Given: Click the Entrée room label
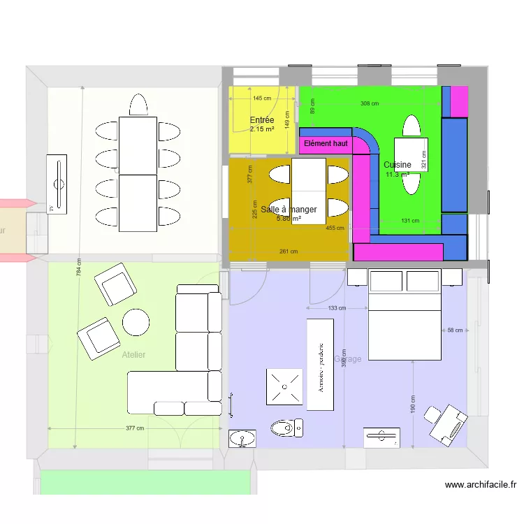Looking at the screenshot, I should pyautogui.click(x=262, y=120).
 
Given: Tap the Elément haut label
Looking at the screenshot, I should pyautogui.click(x=326, y=144).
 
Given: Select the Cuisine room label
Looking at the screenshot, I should pyautogui.click(x=398, y=165).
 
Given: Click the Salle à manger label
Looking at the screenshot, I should pyautogui.click(x=289, y=209).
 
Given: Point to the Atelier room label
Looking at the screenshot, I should pyautogui.click(x=133, y=355).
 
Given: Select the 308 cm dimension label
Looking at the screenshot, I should pyautogui.click(x=370, y=103).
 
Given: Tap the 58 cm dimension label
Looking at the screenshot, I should pyautogui.click(x=455, y=330).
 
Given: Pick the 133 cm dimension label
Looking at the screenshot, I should pyautogui.click(x=337, y=308).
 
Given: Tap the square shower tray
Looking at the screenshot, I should pyautogui.click(x=284, y=386).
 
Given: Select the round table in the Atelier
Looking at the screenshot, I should pyautogui.click(x=136, y=322).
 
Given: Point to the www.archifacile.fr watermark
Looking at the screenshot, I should pyautogui.click(x=480, y=484).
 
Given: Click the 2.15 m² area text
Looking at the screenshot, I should pyautogui.click(x=262, y=129).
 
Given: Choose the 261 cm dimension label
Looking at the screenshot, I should pyautogui.click(x=289, y=252).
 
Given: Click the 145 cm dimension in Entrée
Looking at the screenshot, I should pyautogui.click(x=262, y=99).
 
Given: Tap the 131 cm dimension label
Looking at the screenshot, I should pyautogui.click(x=410, y=221).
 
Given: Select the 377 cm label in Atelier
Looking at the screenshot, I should pyautogui.click(x=135, y=428).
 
